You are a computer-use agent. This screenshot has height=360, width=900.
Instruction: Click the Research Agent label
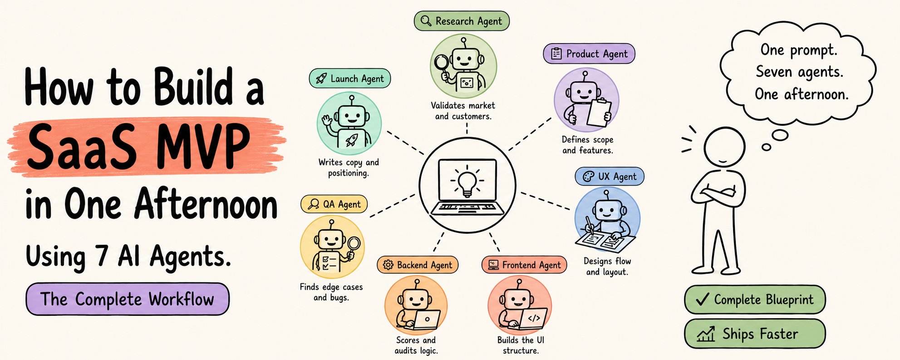click(x=462, y=21)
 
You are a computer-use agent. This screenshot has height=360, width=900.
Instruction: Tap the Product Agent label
click(x=589, y=54)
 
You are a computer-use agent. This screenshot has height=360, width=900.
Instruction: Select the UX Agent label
click(x=610, y=177)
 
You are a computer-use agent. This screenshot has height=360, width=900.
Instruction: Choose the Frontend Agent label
click(x=524, y=265)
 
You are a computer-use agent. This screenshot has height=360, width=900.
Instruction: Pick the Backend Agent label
click(x=418, y=265)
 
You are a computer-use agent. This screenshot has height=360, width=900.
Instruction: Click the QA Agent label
click(x=334, y=204)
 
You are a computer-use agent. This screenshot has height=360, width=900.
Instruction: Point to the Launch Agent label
click(x=350, y=79)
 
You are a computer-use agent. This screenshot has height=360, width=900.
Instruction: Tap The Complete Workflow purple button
click(x=128, y=299)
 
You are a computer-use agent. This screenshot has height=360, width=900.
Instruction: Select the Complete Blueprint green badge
click(x=755, y=300)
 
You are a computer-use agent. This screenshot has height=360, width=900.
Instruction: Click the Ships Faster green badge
click(x=755, y=334)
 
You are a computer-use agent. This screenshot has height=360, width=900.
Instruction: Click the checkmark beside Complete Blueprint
click(x=702, y=299)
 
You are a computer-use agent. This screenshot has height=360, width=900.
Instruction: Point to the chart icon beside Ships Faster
click(x=705, y=334)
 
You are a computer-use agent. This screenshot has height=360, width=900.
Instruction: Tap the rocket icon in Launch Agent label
click(x=321, y=79)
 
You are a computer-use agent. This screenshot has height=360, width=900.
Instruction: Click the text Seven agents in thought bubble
click(x=799, y=72)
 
